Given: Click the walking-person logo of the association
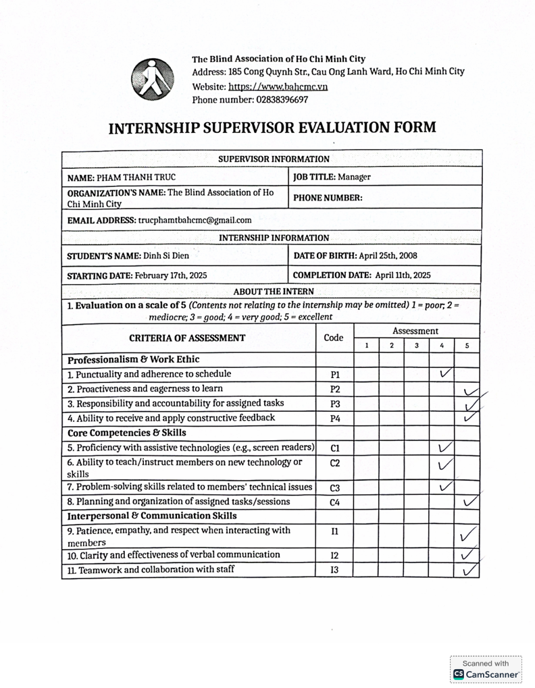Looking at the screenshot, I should (x=152, y=78).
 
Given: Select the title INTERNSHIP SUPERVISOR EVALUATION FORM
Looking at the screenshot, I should (x=272, y=128).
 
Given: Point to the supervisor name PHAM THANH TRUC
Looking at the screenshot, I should (x=136, y=178).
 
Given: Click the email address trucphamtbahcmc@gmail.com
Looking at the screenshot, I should (x=195, y=220).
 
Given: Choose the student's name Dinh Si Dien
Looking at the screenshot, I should (x=165, y=257).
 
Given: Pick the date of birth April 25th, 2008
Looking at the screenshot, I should (x=394, y=257).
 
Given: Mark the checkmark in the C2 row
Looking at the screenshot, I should (x=443, y=465).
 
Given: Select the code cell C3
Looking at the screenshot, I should (x=334, y=487).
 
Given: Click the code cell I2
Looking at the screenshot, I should (x=334, y=555).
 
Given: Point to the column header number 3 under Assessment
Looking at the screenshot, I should (x=417, y=346).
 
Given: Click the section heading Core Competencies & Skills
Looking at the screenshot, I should (x=127, y=433).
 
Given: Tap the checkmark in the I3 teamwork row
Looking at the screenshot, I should (x=468, y=571).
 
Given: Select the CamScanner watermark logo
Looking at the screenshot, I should (x=486, y=674).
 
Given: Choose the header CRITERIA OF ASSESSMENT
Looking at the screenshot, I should (x=187, y=338).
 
